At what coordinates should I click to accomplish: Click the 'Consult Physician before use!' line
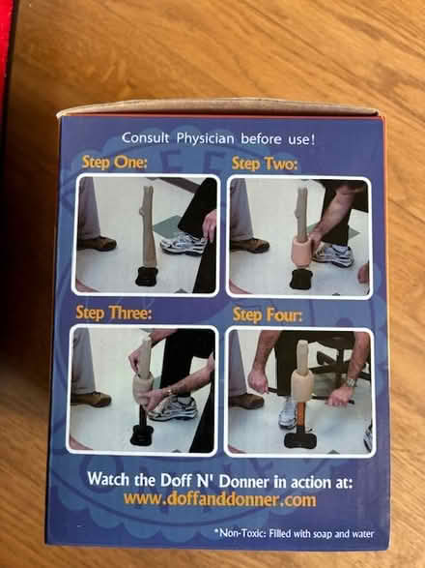tap(218, 138)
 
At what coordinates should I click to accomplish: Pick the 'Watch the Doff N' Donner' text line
tap(220, 479)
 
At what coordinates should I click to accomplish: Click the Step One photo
tap(146, 235)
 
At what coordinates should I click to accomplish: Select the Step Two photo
tap(298, 236)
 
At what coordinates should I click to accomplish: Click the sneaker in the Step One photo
tap(183, 243)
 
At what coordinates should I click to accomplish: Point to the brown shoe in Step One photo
tap(97, 244)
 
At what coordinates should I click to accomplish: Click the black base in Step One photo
tap(147, 277)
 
